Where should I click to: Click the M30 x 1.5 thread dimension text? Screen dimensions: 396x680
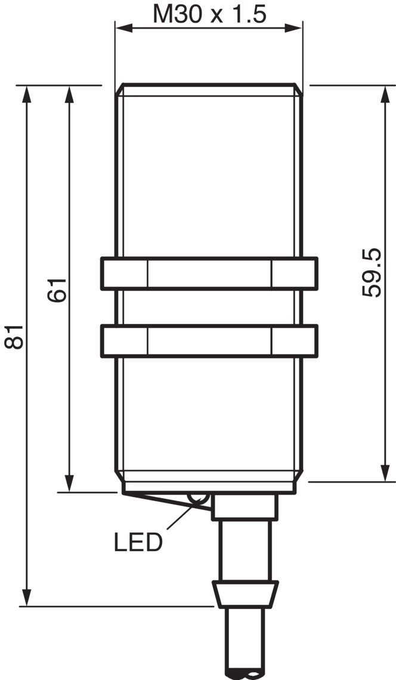tap(209, 14)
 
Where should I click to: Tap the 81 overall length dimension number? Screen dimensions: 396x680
tap(14, 336)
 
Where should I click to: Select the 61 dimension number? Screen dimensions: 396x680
tap(57, 290)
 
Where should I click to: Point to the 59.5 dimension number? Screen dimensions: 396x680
tap(372, 273)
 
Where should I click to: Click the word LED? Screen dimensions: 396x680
tap(138, 542)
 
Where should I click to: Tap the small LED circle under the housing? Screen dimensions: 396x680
tap(198, 499)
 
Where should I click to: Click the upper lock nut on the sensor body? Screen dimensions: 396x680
tap(209, 273)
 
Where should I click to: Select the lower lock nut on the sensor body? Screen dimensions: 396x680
tap(209, 341)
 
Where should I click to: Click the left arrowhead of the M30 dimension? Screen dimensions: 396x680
tap(124, 28)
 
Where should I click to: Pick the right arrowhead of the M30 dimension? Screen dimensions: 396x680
tap(293, 28)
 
